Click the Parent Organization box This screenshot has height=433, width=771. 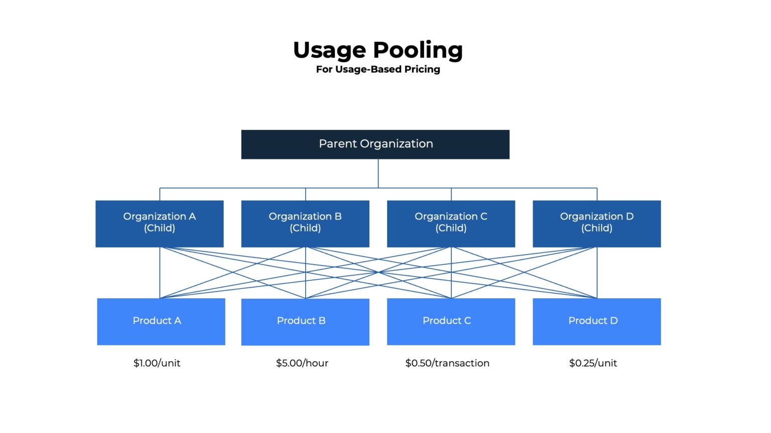tap(375, 144)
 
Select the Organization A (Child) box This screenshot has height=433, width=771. tap(159, 224)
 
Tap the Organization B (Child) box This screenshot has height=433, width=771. tap(305, 224)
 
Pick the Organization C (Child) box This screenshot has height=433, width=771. tap(451, 224)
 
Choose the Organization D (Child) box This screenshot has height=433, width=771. tap(597, 224)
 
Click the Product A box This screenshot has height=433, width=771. tap(161, 322)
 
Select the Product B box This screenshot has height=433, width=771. tap(305, 322)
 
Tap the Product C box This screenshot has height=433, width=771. tap(451, 322)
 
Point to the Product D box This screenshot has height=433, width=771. tap(597, 322)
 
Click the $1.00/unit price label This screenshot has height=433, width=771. tap(157, 363)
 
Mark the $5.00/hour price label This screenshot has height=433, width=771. tap(302, 363)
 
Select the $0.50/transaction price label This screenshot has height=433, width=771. tap(447, 363)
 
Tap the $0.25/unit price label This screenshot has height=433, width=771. tap(593, 363)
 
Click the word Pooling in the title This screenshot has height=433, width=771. tap(418, 51)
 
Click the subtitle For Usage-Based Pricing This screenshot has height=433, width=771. tap(378, 70)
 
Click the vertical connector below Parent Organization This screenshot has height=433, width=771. tap(378, 173)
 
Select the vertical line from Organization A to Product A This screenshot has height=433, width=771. tap(160, 273)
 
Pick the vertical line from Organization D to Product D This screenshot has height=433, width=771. tap(597, 273)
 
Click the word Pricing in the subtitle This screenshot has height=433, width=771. tap(422, 70)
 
